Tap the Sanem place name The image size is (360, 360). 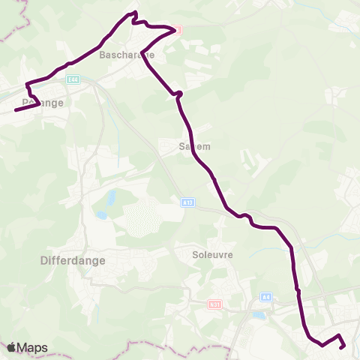tap(195, 148)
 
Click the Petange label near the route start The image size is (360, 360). tap(42, 102)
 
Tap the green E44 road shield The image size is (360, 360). tap(72, 78)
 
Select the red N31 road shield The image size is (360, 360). tap(214, 304)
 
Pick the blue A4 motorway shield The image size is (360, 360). tap(265, 297)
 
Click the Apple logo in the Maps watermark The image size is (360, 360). tap(12, 347)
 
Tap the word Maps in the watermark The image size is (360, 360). tap(33, 347)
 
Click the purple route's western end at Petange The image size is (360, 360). tap(16, 110)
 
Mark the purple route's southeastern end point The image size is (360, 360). tap(342, 347)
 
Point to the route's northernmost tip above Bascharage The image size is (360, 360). tap(135, 13)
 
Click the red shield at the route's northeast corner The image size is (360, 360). tap(178, 30)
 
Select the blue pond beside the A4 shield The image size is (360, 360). tap(259, 315)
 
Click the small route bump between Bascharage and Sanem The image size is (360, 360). tap(178, 94)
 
